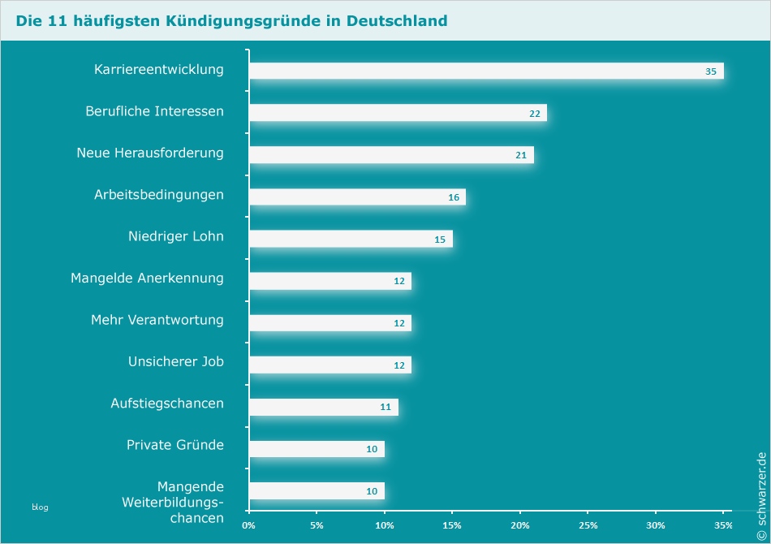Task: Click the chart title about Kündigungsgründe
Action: click(231, 20)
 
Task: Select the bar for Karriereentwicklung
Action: click(485, 71)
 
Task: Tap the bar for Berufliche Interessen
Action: click(398, 113)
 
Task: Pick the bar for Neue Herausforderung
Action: click(391, 155)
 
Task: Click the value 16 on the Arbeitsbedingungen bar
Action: click(454, 197)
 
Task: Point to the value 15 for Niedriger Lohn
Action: click(440, 240)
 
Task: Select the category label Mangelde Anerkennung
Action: click(147, 278)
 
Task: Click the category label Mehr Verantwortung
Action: click(157, 320)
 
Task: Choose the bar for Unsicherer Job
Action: click(330, 365)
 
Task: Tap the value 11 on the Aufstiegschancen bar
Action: click(385, 408)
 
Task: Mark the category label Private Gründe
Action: click(174, 445)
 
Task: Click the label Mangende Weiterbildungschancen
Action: click(172, 502)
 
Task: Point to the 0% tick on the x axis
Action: click(249, 525)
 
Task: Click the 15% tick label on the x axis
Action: click(452, 525)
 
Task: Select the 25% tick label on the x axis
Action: click(588, 525)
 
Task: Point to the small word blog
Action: click(40, 507)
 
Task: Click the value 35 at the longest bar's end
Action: click(711, 71)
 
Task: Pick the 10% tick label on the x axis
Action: click(385, 525)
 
